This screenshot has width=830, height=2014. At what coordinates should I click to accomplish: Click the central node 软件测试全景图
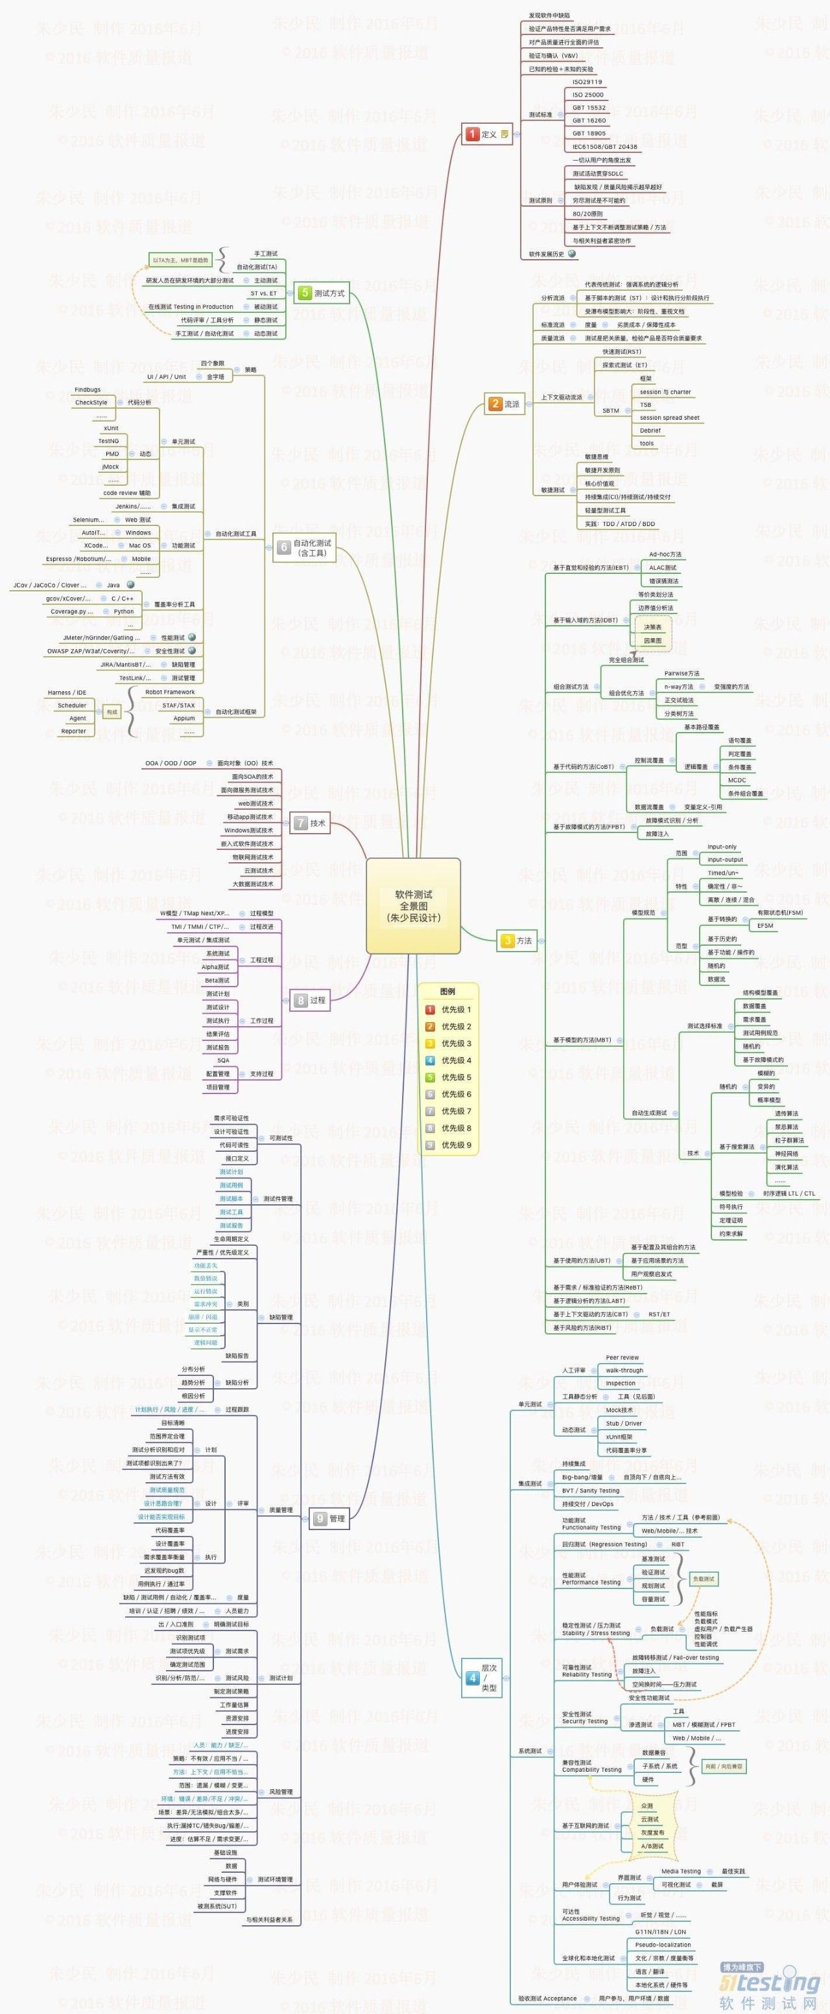pos(413,906)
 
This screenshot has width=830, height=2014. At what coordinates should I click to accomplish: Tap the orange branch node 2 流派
pos(504,404)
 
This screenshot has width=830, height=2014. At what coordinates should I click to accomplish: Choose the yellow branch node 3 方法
pos(517,941)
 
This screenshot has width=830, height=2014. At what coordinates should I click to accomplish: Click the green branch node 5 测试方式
pos(322,293)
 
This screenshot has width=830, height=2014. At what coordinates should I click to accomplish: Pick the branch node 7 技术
pos(310,823)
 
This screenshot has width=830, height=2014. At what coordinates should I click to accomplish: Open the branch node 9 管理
pos(329,1518)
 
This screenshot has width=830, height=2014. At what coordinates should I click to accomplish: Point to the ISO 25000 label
pos(587,95)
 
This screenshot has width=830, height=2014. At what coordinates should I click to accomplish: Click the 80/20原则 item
pos(587,213)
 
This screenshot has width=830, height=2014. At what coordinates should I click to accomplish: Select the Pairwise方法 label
pos(682,673)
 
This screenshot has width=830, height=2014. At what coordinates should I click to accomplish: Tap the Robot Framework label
pos(170,692)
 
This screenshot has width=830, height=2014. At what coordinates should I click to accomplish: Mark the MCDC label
pos(736,780)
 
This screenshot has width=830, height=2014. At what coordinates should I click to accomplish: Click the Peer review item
pos(622,1357)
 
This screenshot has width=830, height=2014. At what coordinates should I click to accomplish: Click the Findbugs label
pos(88,389)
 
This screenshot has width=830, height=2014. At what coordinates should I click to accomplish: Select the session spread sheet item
pos(669,417)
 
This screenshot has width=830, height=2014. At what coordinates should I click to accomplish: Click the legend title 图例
pos(447,991)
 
